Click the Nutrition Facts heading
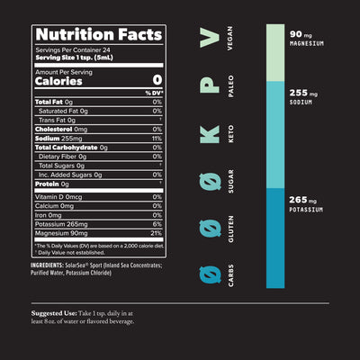98,35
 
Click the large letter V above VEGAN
209,39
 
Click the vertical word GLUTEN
235,229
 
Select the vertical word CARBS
235,274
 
